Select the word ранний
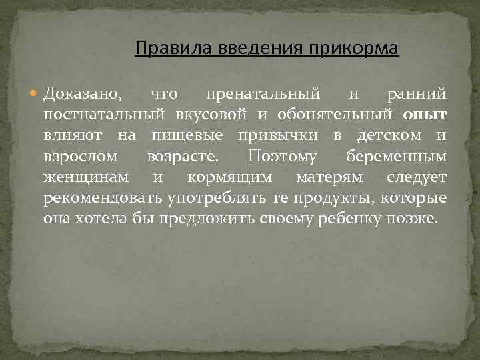pos(417,95)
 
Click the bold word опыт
pos(425,115)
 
